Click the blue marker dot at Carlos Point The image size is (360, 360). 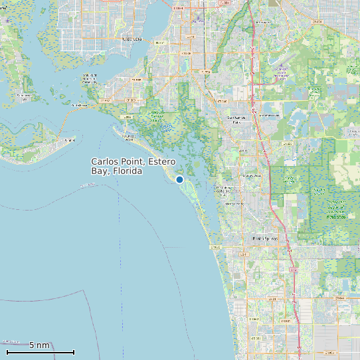click(x=179, y=179)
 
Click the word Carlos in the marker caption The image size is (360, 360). click(x=104, y=162)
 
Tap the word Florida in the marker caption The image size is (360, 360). click(x=128, y=171)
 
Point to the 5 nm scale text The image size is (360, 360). click(x=39, y=345)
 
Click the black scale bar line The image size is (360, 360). click(x=40, y=352)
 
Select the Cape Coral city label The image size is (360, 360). click(x=132, y=39)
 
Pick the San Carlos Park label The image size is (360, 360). click(x=236, y=120)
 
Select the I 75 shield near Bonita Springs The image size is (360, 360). click(x=292, y=270)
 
